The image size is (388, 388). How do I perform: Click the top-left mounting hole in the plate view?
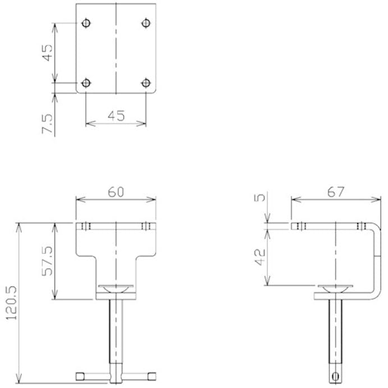85,23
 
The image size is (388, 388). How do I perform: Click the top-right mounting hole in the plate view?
146,23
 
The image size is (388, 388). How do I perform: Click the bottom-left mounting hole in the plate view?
85,83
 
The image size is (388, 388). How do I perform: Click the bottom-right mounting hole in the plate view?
146,83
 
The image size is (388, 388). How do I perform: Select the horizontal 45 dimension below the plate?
116,116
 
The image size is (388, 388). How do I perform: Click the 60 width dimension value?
116,192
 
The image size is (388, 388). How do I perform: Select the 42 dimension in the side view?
260,258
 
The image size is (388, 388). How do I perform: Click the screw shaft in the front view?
116,331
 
